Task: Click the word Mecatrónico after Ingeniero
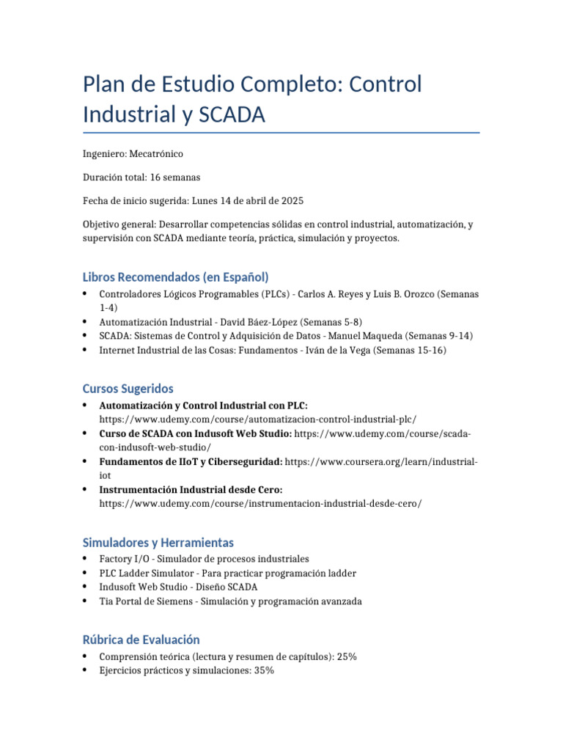pos(156,154)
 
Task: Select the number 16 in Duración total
pos(156,177)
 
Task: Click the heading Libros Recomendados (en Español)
pos(175,276)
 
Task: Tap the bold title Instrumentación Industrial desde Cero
pos(191,489)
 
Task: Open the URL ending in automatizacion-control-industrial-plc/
pos(258,419)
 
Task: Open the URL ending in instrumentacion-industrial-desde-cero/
pos(260,503)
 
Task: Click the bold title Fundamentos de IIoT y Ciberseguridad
pos(190,461)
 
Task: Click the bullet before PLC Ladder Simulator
pos(86,573)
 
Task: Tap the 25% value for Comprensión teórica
pos(347,656)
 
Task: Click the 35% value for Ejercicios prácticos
pos(264,670)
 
